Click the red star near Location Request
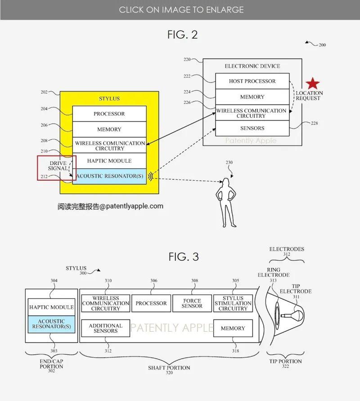pos(313,84)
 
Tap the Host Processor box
pos(252,81)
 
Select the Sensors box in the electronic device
pos(252,128)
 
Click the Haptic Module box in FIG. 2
pos(109,161)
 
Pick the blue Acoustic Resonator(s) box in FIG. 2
pos(109,176)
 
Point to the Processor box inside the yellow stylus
pos(109,114)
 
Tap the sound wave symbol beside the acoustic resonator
pos(151,176)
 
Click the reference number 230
pos(229,162)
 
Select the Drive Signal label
pos(58,166)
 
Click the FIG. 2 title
pos(183,35)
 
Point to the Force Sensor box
pos(192,303)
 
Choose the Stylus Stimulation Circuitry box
pos(233,303)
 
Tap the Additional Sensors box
pos(105,328)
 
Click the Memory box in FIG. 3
pos(233,328)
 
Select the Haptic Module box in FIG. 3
pos(51,307)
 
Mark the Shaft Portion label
pos(169,368)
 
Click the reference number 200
pos(322,45)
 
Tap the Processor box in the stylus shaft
pos(151,303)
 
